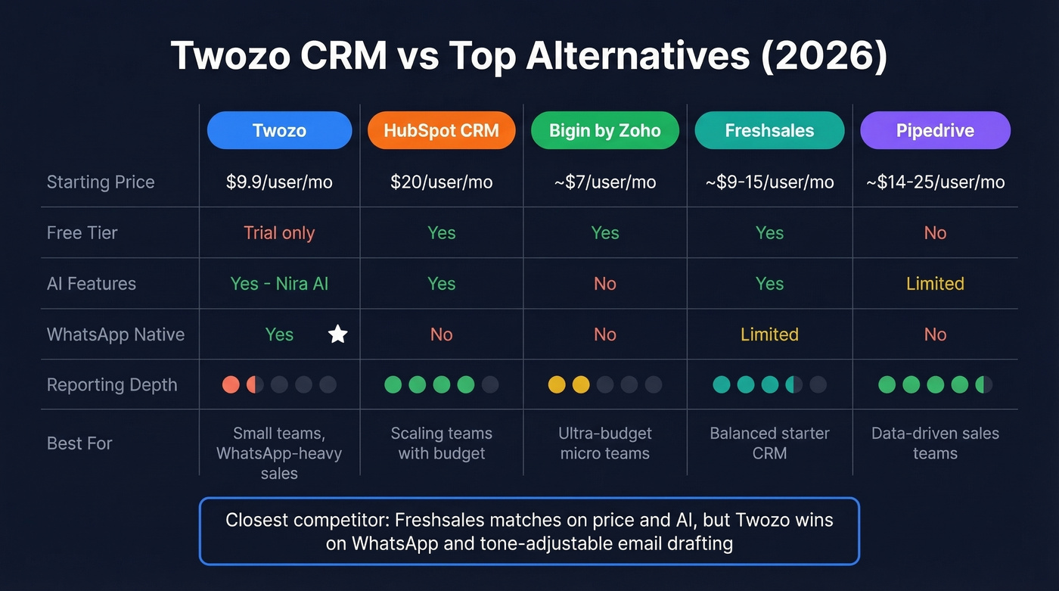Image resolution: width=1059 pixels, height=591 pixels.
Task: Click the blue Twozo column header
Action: [279, 130]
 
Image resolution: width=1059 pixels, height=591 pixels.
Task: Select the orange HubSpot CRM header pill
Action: [441, 130]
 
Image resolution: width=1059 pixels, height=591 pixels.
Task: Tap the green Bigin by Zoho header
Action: [604, 130]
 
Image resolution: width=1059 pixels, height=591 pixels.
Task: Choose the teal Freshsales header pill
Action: [769, 130]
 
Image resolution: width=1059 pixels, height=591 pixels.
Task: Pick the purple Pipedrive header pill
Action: [935, 130]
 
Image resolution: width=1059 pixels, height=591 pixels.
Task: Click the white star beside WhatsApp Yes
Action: [338, 334]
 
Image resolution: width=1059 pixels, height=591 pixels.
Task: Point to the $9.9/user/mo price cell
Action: [279, 182]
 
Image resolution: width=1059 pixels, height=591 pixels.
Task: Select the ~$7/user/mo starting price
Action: [604, 182]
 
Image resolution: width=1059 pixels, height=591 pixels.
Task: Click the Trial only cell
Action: [279, 232]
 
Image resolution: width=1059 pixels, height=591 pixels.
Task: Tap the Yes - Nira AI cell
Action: [279, 284]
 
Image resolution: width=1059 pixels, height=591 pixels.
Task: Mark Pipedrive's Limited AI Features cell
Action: [935, 284]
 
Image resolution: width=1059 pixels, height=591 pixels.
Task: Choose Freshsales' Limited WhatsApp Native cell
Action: [769, 334]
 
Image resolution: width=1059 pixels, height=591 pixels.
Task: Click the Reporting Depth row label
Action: [112, 384]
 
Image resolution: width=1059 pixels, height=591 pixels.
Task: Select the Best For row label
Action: [79, 443]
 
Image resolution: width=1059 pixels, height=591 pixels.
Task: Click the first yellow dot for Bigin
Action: [557, 384]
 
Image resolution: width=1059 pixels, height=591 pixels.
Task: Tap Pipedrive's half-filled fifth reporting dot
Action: [983, 384]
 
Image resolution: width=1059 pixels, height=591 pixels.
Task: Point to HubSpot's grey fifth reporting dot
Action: [490, 384]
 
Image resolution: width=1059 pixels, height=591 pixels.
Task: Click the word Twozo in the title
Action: [228, 56]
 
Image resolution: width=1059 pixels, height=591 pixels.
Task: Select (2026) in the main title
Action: [824, 56]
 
